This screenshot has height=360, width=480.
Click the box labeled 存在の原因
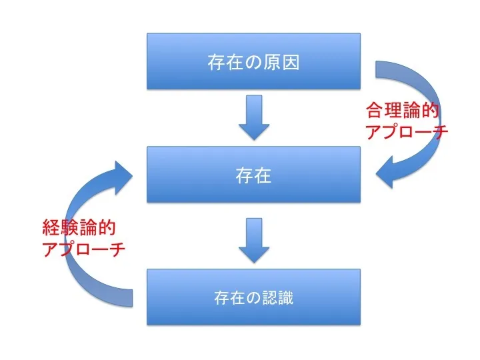point(253,62)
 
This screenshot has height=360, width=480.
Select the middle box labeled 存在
point(253,175)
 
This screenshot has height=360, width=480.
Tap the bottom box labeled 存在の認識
point(253,297)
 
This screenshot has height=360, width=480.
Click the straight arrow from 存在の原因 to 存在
point(253,117)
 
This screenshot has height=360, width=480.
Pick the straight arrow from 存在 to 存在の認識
point(253,240)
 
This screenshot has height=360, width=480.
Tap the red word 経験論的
point(79,229)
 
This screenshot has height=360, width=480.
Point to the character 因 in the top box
point(290,63)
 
